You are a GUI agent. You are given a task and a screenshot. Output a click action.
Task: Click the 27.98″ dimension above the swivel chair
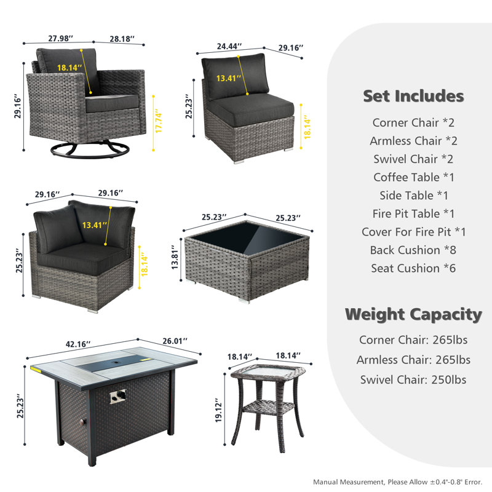tap(60, 38)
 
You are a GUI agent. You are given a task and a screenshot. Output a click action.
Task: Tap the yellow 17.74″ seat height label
tap(159, 122)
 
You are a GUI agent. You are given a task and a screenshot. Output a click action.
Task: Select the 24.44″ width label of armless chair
tap(229, 46)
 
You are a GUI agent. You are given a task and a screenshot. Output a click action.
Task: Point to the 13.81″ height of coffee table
tap(175, 257)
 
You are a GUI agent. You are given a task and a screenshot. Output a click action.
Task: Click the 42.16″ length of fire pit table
tap(78, 344)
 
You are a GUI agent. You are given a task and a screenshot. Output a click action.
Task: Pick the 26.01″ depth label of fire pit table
tap(175, 341)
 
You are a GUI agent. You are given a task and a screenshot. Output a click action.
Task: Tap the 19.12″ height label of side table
tap(219, 410)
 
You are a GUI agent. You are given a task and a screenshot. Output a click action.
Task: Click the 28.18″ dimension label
tap(122, 39)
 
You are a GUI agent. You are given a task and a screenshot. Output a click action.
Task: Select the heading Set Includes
tap(413, 96)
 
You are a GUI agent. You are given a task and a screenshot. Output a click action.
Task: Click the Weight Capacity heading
tap(413, 314)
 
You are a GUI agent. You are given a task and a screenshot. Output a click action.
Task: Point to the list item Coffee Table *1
tap(413, 177)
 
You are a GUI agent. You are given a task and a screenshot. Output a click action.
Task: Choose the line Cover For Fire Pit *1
tap(413, 232)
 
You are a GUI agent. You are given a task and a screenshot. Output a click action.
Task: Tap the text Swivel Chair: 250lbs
tap(413, 379)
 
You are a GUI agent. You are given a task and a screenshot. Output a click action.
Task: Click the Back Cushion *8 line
tap(413, 250)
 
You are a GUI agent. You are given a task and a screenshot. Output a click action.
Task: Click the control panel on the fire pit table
tap(117, 396)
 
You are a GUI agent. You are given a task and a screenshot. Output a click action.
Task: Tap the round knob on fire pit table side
tap(83, 422)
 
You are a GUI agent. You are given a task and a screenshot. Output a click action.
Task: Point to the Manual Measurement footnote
tap(397, 482)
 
